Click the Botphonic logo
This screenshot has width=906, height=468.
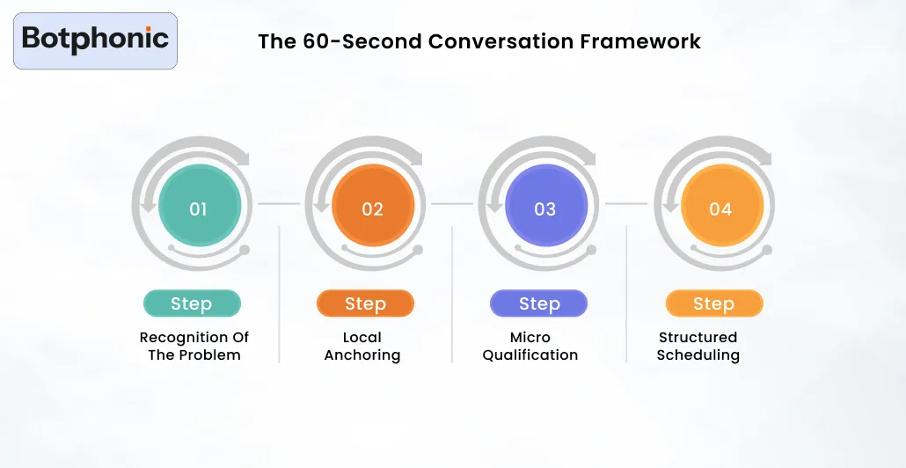95,40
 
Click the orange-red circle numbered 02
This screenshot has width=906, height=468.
372,208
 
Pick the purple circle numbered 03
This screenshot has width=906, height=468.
545,208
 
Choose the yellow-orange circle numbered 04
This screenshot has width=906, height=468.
720,208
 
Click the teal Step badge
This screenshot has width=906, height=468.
192,303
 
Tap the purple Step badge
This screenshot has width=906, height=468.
538,303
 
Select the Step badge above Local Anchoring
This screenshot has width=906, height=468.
365,303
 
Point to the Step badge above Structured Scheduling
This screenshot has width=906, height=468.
713,303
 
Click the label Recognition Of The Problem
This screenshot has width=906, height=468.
194,346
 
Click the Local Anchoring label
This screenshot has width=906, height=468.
362,346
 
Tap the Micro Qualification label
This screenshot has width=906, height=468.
530,346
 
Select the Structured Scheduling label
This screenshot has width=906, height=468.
698,346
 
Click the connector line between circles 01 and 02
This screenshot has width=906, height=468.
279,203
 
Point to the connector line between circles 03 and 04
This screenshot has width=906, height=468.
626,203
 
